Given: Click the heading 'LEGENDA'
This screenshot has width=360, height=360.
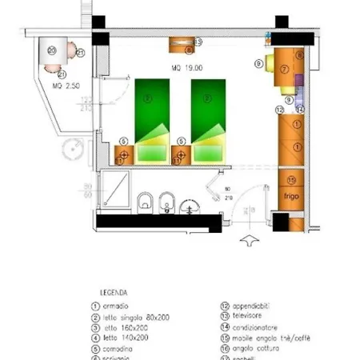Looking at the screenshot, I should pyautogui.click(x=115, y=293).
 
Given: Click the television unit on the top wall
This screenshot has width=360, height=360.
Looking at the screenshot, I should pyautogui.click(x=183, y=45).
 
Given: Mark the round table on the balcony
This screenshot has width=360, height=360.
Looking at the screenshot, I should pyautogui.click(x=54, y=51).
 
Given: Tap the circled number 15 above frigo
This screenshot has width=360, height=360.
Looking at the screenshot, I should pyautogui.click(x=291, y=178).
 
